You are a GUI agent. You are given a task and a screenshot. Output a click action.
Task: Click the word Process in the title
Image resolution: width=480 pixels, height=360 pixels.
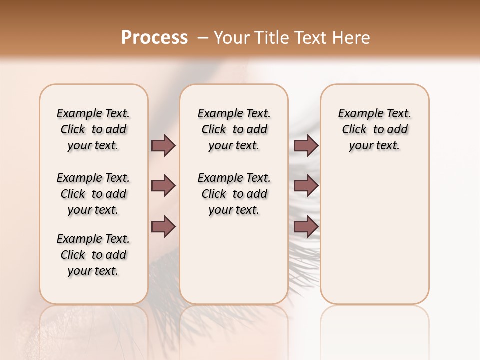[x=154, y=38]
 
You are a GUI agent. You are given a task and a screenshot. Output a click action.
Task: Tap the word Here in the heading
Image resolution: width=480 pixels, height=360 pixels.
[x=351, y=38]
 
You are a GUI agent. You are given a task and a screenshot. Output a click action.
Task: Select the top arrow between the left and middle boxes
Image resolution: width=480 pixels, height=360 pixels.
[x=163, y=145]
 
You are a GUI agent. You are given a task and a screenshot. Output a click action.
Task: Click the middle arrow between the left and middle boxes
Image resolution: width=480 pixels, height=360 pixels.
[x=163, y=186]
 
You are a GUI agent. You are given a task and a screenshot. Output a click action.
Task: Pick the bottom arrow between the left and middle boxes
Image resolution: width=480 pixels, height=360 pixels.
[x=163, y=226]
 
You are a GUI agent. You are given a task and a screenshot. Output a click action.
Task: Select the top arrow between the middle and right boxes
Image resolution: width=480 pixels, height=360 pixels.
[x=306, y=145]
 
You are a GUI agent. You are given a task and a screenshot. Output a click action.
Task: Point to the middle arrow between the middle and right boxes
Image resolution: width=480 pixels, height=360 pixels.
[x=306, y=186]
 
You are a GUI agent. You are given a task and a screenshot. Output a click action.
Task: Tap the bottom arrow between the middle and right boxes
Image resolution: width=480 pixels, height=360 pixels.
[x=306, y=226]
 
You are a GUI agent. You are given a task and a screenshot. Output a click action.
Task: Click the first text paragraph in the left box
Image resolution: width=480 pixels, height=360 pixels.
[x=93, y=129]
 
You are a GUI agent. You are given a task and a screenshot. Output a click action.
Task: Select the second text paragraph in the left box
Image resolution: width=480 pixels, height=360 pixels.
[x=93, y=194]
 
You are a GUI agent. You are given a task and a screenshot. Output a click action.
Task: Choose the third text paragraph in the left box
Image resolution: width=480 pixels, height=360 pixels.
[x=93, y=255]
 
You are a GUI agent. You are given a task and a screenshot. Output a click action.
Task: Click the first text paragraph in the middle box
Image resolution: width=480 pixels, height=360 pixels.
[x=234, y=129]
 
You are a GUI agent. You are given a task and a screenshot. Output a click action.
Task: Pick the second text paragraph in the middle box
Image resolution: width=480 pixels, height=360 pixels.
[x=234, y=194]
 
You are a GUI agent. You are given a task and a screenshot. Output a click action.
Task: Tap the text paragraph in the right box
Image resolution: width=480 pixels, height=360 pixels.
[x=374, y=129]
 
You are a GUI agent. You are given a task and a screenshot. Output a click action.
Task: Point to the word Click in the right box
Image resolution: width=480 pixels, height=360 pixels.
[x=354, y=130]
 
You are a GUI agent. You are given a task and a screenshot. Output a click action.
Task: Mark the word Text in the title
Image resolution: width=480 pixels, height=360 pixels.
[x=312, y=38]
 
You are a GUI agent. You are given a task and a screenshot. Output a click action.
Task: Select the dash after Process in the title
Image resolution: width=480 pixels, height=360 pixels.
[x=202, y=38]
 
